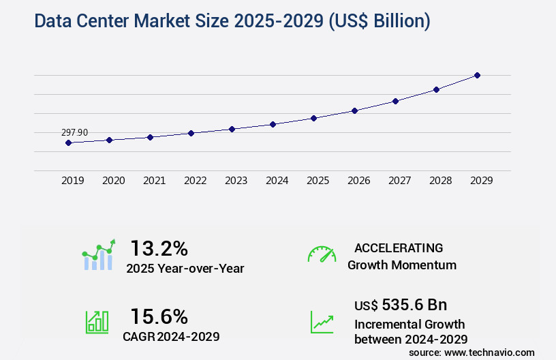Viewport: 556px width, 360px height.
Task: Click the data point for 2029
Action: pos(477,75)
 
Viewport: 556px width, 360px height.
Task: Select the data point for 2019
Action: pos(68,142)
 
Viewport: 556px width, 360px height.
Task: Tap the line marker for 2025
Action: pos(313,118)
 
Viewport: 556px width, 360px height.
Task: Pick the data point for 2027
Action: pos(395,101)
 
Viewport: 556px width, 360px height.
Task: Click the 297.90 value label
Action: pos(74,132)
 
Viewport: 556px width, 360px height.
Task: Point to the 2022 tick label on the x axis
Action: pos(195,181)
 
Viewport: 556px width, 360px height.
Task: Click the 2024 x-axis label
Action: pos(277,181)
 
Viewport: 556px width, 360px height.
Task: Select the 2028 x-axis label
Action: pos(440,181)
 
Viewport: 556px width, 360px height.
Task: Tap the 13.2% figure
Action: pos(159,247)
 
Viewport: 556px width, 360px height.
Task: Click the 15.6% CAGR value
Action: pos(159,316)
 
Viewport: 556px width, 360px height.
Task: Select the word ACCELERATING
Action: pos(399,247)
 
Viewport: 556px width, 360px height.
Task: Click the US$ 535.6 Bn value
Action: pos(401,304)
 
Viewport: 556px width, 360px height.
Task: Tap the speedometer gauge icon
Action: pos(322,254)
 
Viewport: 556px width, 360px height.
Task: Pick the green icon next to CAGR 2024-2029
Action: pos(97,322)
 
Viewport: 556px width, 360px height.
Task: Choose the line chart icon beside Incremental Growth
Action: pos(322,322)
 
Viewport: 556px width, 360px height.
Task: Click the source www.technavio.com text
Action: pos(472,352)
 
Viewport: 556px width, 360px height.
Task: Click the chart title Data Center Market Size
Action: pos(232,21)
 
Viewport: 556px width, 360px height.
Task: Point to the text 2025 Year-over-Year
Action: pos(185,269)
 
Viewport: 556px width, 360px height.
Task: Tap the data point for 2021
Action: pos(150,137)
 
